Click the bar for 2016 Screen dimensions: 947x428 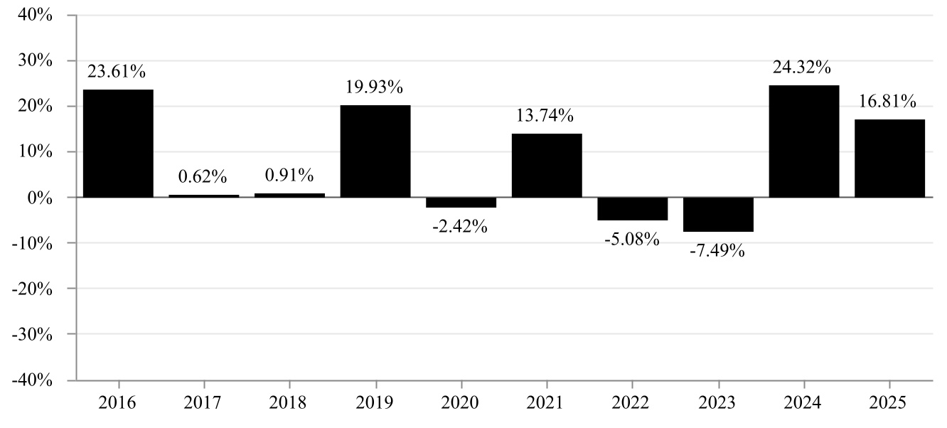coord(118,144)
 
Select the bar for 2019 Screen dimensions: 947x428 coord(375,151)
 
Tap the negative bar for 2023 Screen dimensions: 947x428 coord(718,215)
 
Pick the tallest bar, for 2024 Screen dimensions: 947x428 coord(803,141)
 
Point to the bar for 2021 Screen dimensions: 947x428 coord(547,166)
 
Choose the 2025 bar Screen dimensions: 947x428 coord(889,159)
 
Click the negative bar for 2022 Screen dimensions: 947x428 coord(633,209)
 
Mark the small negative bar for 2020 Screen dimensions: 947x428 coord(461,203)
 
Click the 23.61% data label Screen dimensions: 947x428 coord(117,72)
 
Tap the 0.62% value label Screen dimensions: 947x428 coord(203,176)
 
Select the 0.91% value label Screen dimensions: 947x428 coord(289,175)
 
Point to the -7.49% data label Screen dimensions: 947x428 coord(717,251)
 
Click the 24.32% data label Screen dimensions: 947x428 coord(802,68)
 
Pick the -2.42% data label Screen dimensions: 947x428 coord(459,227)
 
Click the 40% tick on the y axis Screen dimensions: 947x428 coord(35,15)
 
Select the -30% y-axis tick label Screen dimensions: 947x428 coord(32,335)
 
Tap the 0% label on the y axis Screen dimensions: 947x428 coord(40,198)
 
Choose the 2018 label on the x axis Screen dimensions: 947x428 coord(287,402)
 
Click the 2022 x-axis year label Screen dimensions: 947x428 coord(630,402)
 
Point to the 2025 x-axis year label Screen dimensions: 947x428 coord(887,402)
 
